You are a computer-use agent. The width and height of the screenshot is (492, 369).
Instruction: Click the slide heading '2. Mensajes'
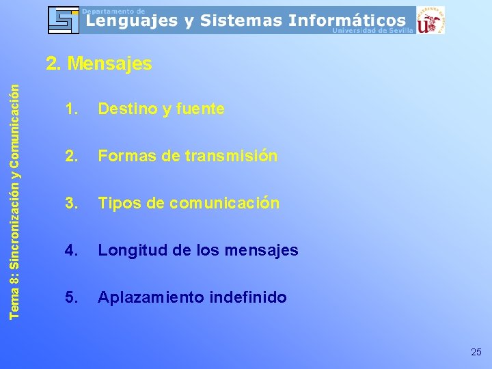coord(98,64)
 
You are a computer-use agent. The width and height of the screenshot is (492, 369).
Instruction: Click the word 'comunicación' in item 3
coord(224,203)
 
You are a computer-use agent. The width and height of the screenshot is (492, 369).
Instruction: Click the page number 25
coord(476,352)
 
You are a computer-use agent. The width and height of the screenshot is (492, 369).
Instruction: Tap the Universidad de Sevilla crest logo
coord(430,20)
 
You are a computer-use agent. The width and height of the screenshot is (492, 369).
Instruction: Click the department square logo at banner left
coord(64,20)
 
